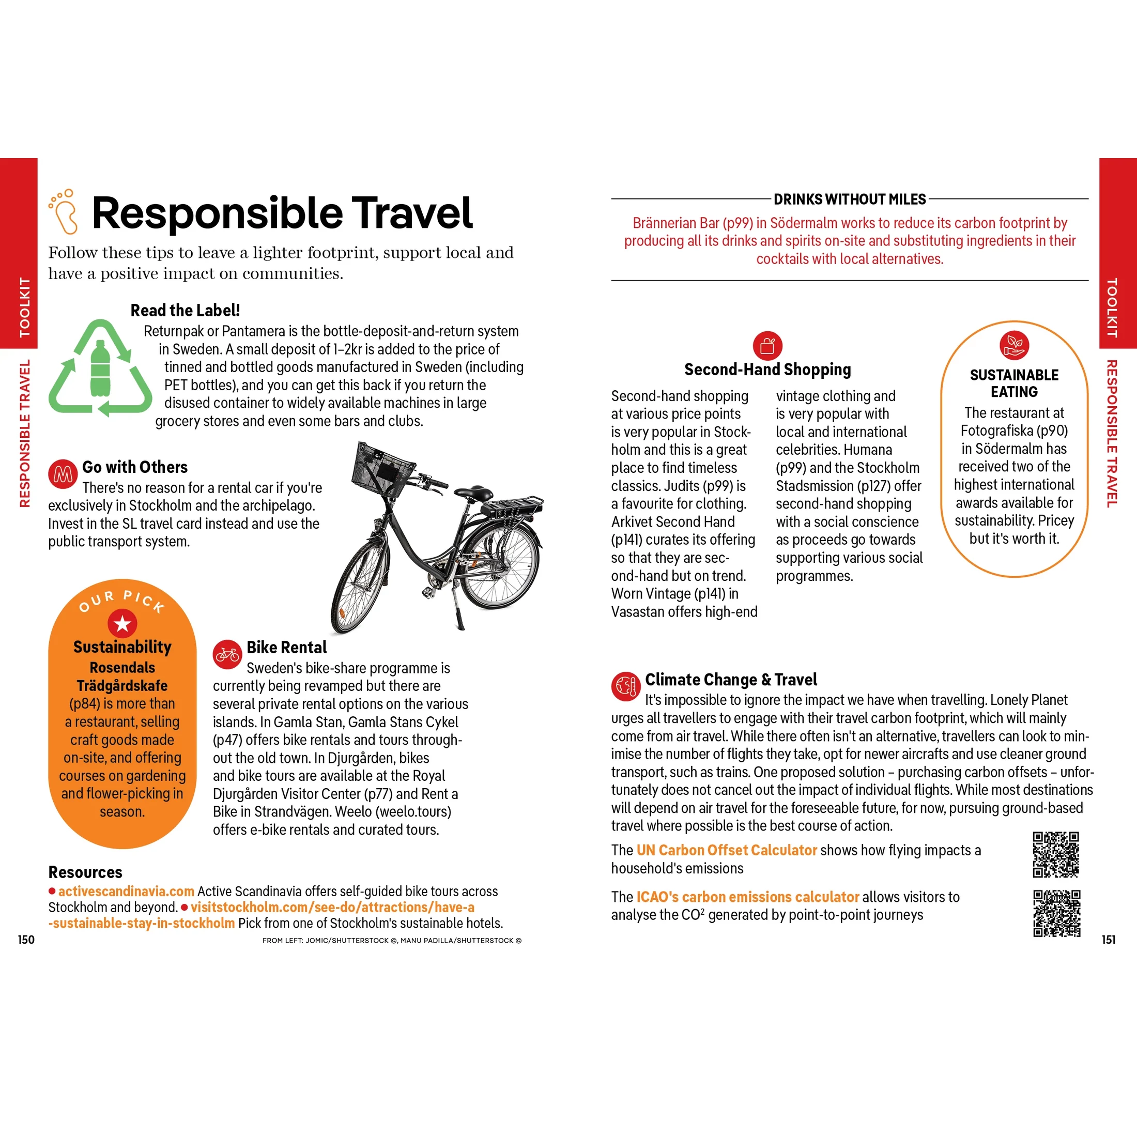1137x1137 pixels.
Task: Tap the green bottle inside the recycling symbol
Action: [100, 370]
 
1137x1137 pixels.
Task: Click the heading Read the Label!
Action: [185, 310]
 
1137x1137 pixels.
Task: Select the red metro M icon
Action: [63, 474]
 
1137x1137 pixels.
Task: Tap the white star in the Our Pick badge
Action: [122, 623]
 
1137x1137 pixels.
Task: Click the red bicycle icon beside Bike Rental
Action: [227, 654]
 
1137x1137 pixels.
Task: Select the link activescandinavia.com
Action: [126, 891]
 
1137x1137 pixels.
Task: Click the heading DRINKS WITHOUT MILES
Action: [849, 199]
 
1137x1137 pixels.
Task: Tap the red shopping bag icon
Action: [767, 346]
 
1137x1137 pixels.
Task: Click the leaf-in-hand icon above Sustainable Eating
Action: [1014, 345]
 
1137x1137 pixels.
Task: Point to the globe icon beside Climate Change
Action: [625, 686]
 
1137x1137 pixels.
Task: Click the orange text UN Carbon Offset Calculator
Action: [726, 850]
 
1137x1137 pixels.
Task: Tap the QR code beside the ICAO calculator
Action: [1057, 913]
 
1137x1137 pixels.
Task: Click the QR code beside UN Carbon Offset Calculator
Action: [1056, 854]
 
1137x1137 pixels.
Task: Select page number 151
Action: [1109, 940]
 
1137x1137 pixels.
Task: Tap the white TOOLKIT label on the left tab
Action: [24, 307]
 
